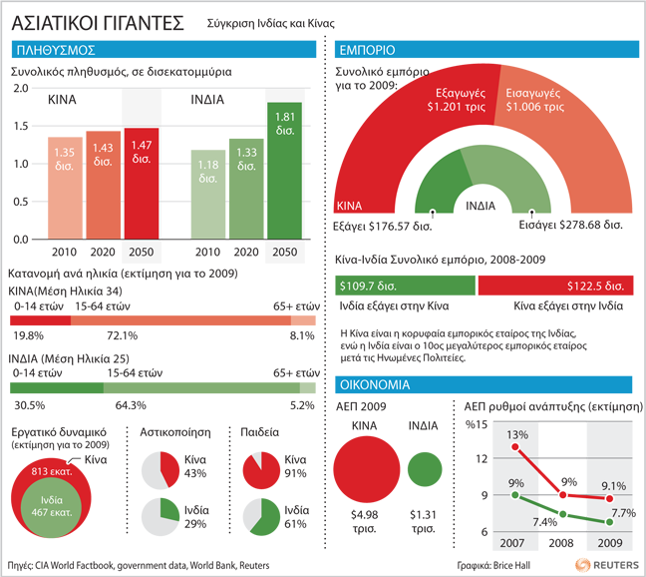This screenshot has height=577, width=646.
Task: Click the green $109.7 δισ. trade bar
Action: (x=407, y=287)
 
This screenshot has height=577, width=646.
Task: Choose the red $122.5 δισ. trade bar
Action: (x=555, y=287)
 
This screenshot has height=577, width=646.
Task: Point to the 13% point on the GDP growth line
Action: (x=515, y=446)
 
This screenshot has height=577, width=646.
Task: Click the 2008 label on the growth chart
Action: (x=561, y=543)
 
